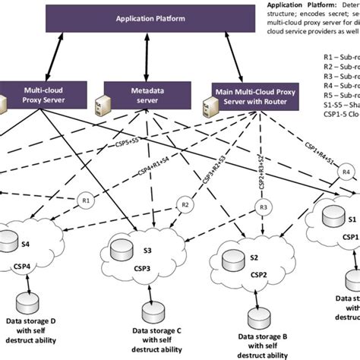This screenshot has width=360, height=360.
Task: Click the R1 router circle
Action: (85, 201)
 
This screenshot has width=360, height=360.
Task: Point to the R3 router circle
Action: (264, 207)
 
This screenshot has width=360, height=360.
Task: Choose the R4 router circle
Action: (346, 194)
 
